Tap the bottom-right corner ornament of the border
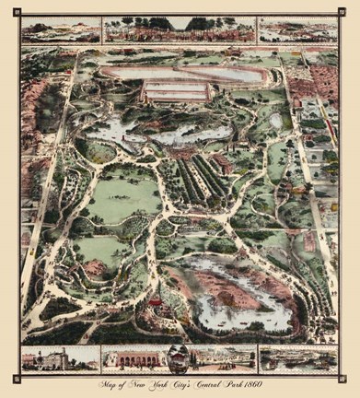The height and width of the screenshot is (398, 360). click(343, 376)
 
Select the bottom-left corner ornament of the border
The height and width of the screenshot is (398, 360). click(17, 376)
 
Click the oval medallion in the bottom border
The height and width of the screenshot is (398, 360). click(179, 358)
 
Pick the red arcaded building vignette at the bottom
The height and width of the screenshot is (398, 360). click(134, 358)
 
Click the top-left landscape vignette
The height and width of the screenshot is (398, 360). click(61, 30)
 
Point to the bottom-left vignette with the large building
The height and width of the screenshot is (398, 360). click(59, 358)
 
